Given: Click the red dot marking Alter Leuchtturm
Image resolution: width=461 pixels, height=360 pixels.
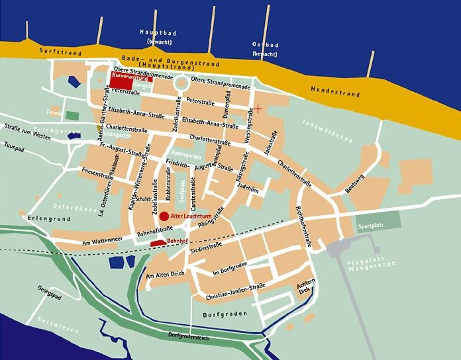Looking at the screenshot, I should pyautogui.click(x=164, y=216).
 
